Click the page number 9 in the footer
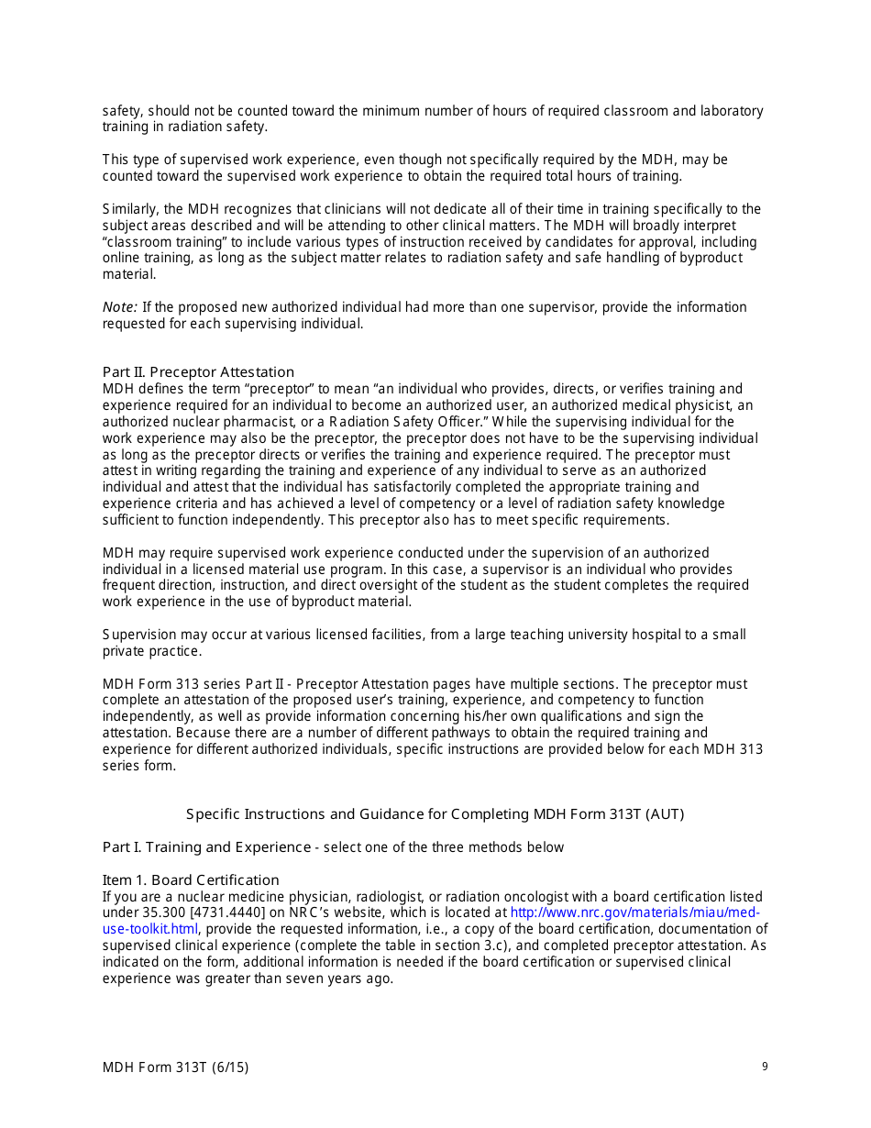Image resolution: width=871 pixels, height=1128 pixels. tap(765, 1066)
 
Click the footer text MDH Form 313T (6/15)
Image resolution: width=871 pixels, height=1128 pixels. tap(175, 1067)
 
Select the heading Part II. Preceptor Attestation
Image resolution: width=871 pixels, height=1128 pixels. tap(198, 371)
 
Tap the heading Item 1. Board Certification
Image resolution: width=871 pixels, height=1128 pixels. tap(191, 879)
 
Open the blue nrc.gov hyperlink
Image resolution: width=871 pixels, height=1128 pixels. tap(634, 912)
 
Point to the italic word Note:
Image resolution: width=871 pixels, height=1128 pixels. tap(120, 307)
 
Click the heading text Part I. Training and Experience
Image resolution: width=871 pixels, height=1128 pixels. tap(206, 846)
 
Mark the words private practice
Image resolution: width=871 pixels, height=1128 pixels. tap(151, 651)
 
